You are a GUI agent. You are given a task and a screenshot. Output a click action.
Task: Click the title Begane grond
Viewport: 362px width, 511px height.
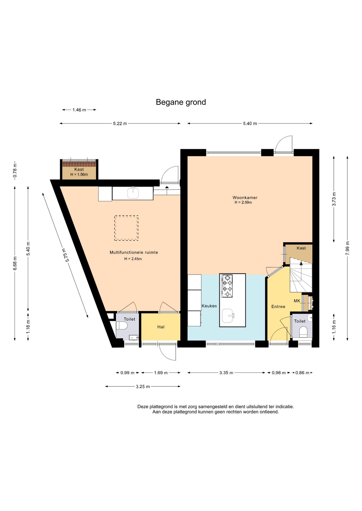pos(181,102)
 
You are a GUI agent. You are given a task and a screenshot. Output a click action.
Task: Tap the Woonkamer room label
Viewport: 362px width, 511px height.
pos(245,197)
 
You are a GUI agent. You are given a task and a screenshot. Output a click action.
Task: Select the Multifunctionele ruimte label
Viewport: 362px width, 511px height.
pos(134,252)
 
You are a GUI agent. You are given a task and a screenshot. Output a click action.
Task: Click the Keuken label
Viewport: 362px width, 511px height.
pos(209,306)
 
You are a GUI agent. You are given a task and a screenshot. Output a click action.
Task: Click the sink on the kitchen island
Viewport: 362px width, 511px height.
pos(228,316)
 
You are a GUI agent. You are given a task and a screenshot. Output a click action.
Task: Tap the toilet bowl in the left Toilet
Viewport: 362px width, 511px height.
pos(122,325)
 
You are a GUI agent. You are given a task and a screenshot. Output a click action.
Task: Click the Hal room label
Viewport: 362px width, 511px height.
pos(161,327)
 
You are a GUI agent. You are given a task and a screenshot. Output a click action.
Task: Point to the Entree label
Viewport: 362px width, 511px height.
pos(278,307)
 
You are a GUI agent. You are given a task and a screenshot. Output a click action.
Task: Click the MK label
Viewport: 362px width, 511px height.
pos(297,301)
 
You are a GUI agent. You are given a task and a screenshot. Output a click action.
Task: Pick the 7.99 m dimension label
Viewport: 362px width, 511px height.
pos(347,248)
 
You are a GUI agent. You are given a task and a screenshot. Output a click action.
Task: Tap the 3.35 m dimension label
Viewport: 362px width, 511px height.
pos(226,373)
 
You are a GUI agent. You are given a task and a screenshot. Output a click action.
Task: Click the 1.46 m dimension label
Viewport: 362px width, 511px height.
pos(79,110)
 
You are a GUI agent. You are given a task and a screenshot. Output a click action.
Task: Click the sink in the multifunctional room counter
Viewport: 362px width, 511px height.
pos(133,193)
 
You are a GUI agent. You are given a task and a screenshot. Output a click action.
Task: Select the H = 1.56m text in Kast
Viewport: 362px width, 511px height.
pos(79,175)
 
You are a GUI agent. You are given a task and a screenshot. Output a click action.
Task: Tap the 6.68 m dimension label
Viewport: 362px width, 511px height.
pos(15,263)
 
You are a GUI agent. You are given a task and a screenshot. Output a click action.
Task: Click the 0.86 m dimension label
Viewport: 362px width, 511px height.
pos(302,373)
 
